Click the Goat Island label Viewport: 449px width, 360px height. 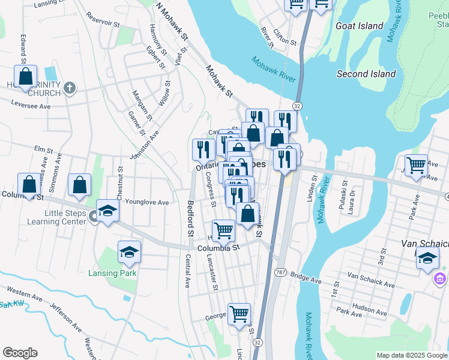pyautogui.click(x=360, y=26)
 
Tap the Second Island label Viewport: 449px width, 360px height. pyautogui.click(x=366, y=74)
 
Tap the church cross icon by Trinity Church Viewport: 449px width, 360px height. pyautogui.click(x=70, y=89)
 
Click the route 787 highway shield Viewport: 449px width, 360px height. pyautogui.click(x=280, y=272)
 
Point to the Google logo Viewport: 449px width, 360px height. pyautogui.click(x=20, y=353)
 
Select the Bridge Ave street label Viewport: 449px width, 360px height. pyautogui.click(x=306, y=278)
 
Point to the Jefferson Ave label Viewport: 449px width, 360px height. pyautogui.click(x=65, y=317)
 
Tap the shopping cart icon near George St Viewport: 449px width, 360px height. pyautogui.click(x=239, y=314)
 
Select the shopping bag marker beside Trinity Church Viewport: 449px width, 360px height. pyautogui.click(x=26, y=77)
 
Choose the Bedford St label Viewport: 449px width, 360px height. pyautogui.click(x=191, y=218)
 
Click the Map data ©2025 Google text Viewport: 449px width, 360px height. pyautogui.click(x=412, y=355)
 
